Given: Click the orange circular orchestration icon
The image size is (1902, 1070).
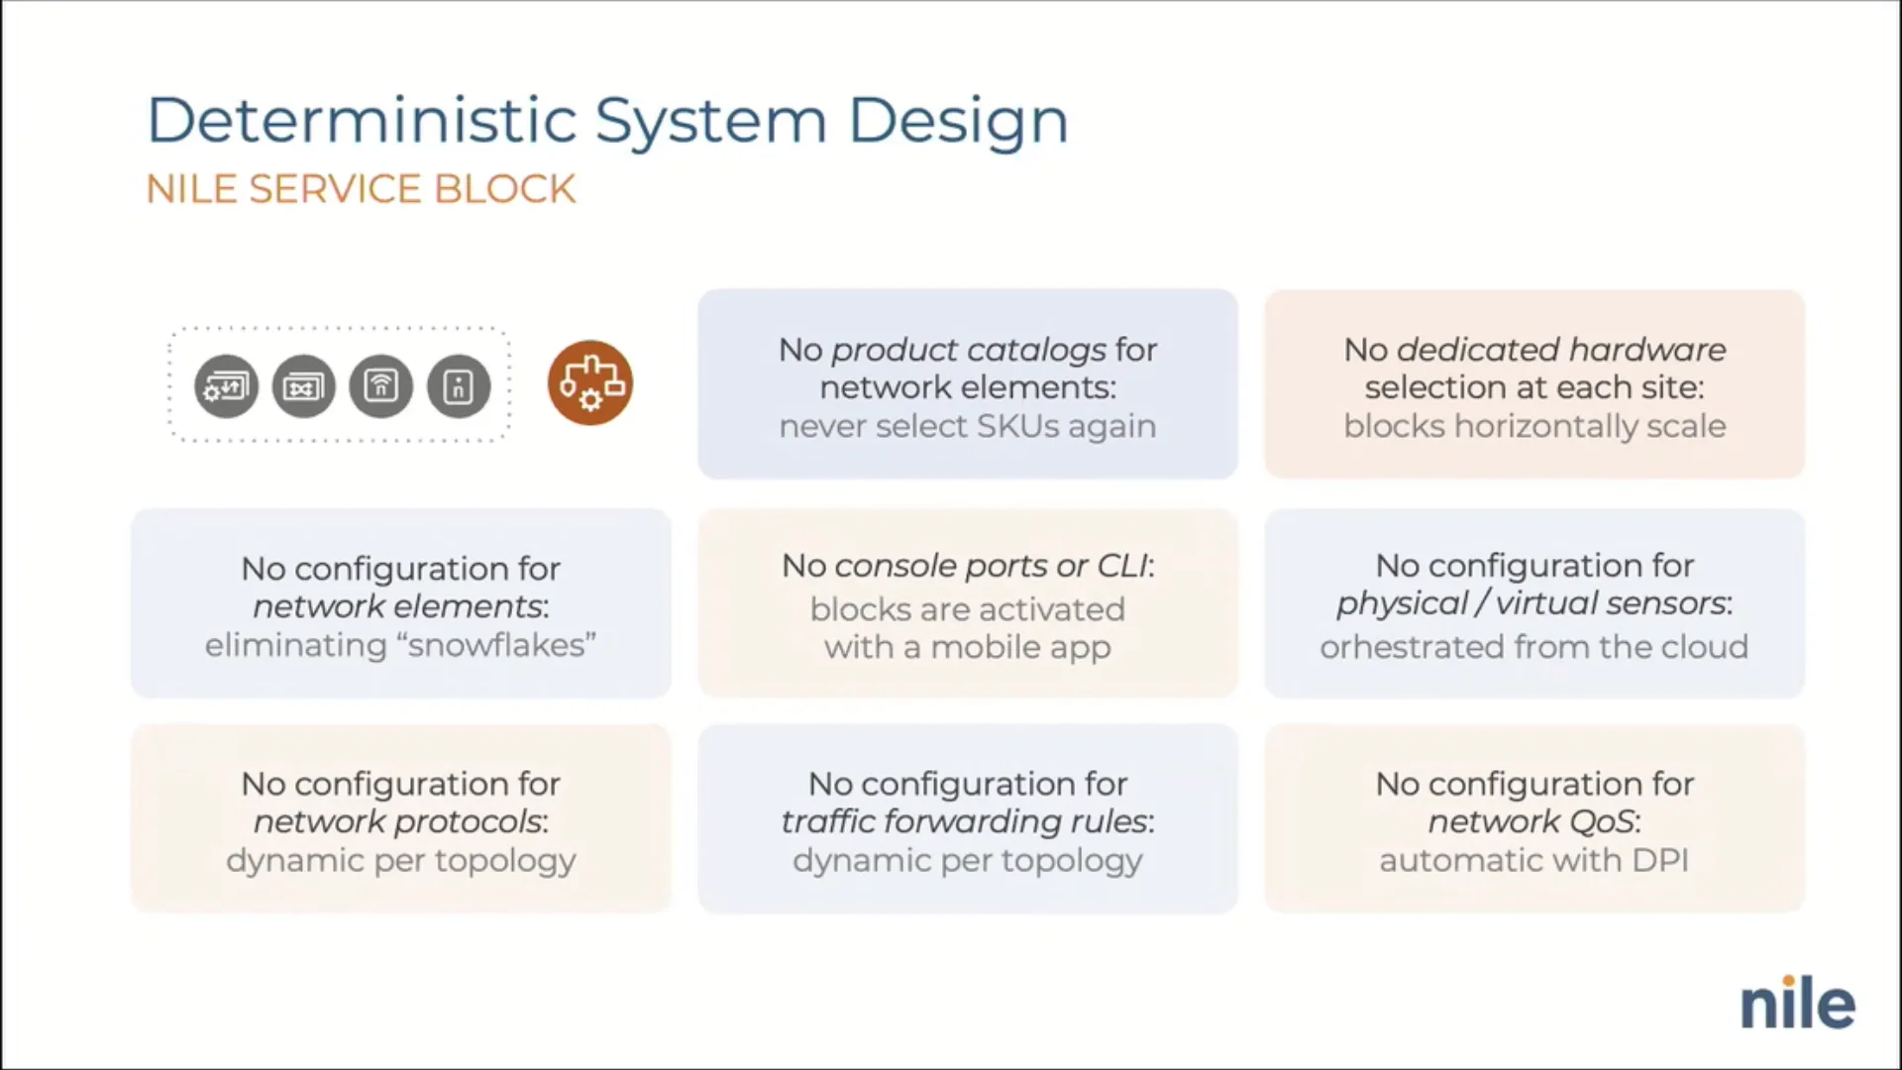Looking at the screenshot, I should click(x=589, y=383).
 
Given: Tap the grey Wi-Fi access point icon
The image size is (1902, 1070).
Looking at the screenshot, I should click(x=380, y=385).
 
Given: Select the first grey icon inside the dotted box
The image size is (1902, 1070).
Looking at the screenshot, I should click(x=226, y=385).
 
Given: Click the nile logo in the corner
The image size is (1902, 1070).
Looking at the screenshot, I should click(x=1797, y=1004).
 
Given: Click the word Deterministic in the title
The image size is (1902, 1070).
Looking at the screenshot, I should click(x=362, y=121).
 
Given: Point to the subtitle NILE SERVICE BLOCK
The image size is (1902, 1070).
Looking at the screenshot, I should click(x=361, y=189).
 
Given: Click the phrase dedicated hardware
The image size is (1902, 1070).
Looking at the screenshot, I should click(x=1560, y=350).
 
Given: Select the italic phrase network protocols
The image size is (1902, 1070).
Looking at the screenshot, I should click(x=398, y=821).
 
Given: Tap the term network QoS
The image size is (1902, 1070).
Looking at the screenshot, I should click(x=1531, y=821).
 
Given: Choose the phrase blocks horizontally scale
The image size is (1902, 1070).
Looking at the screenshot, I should click(x=1533, y=426).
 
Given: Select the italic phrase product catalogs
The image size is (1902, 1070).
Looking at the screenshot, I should click(x=968, y=350).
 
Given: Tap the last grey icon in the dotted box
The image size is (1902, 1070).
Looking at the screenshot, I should click(x=458, y=385).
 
